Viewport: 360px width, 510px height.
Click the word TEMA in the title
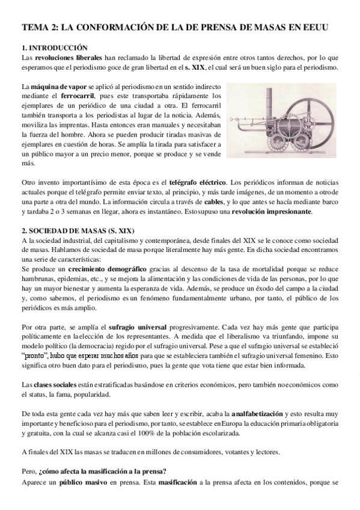pyautogui.click(x=35, y=28)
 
